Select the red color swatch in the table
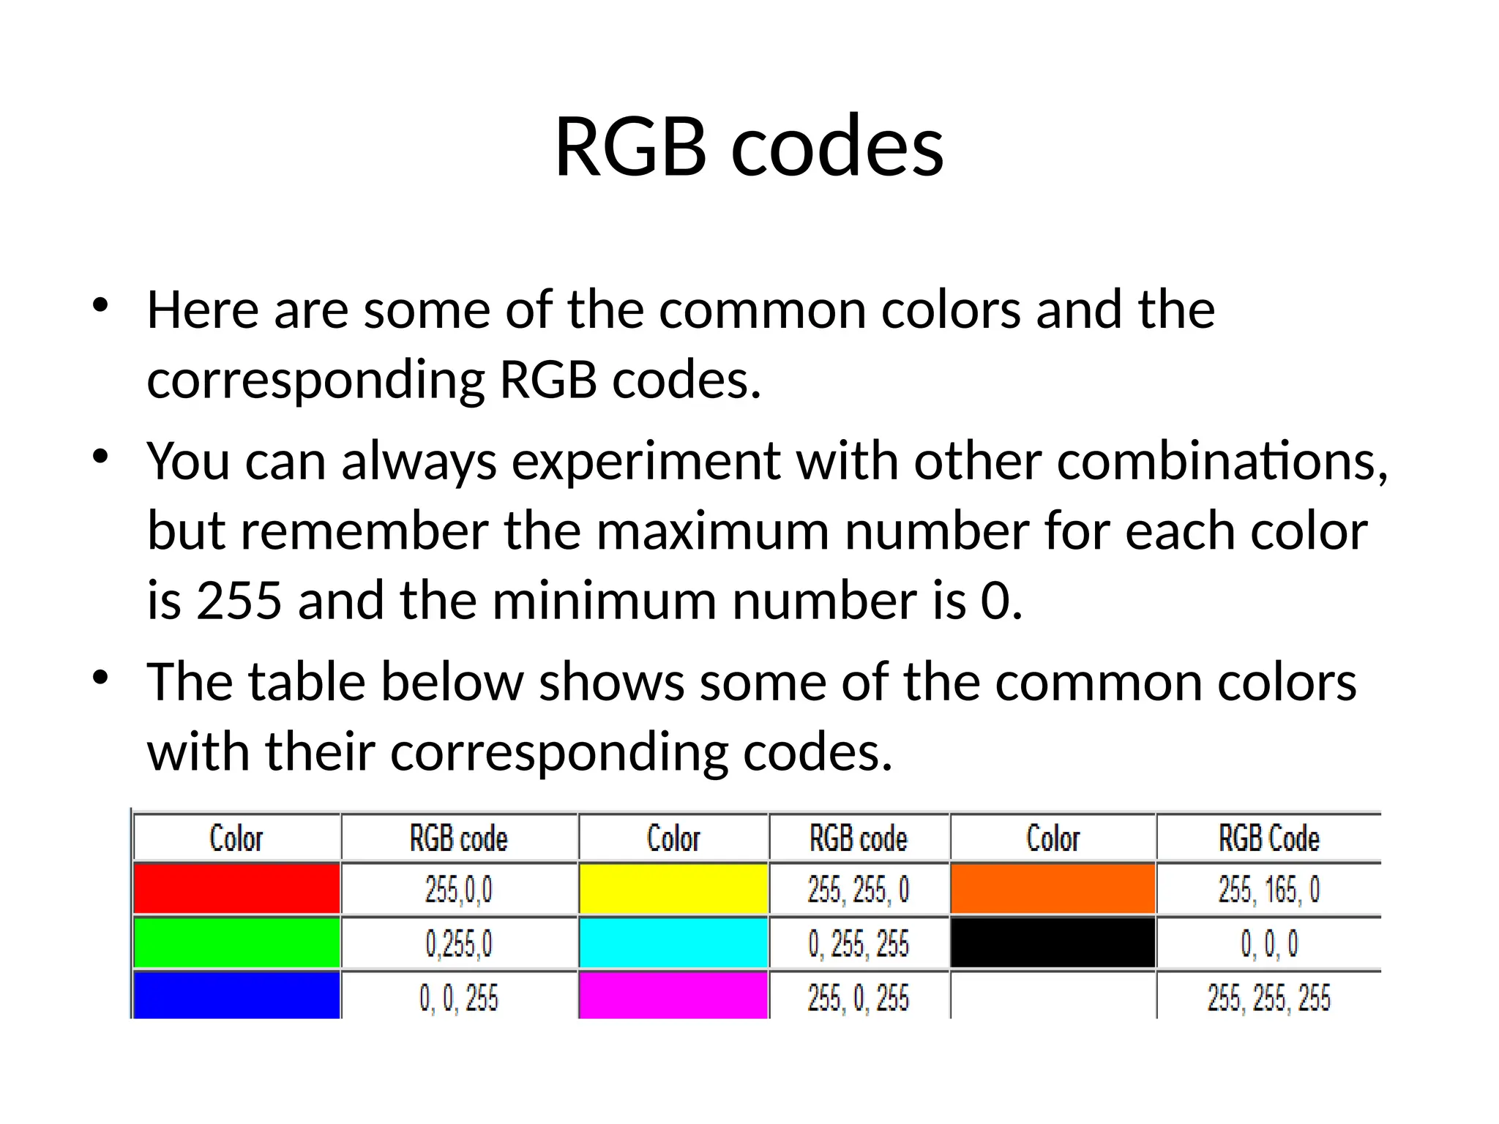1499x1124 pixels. pyautogui.click(x=236, y=888)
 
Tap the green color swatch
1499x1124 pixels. pyautogui.click(x=236, y=943)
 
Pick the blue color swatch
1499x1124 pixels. pyautogui.click(x=236, y=995)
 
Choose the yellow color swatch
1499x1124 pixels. pyautogui.click(x=673, y=888)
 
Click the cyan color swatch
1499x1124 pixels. pyautogui.click(x=673, y=943)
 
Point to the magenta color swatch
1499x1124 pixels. pyautogui.click(x=673, y=995)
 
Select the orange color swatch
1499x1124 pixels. pyautogui.click(x=1053, y=888)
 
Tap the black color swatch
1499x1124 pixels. pyautogui.click(x=1053, y=943)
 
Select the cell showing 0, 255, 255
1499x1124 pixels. pyautogui.click(x=859, y=944)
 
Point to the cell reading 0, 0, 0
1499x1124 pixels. pyautogui.click(x=1268, y=944)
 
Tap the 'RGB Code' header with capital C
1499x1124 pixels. pyautogui.click(x=1268, y=839)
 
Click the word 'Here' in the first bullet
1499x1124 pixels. pyautogui.click(x=203, y=310)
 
